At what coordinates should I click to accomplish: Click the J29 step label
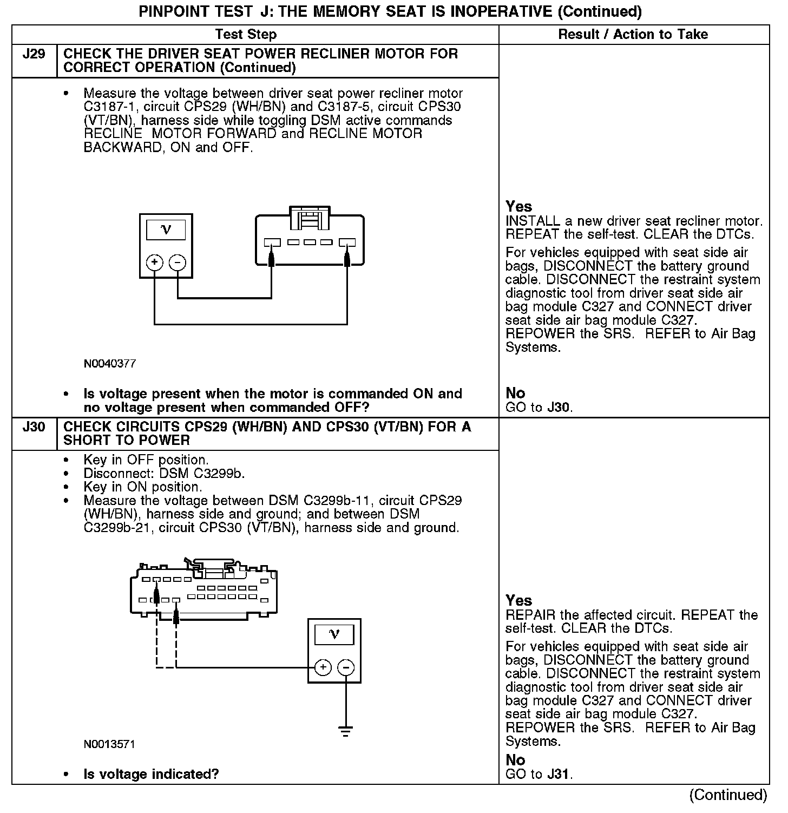34,54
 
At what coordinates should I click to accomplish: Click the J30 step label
34,427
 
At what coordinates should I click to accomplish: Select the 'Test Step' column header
246,35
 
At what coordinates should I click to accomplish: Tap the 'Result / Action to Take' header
633,35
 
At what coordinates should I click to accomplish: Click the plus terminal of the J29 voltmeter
155,263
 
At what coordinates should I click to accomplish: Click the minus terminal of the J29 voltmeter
178,263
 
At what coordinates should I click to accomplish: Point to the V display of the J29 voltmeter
166,230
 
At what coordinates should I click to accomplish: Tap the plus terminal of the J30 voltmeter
323,667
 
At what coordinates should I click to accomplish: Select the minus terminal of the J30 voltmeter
346,667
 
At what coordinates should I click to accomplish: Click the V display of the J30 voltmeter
334,634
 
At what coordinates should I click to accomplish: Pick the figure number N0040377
110,364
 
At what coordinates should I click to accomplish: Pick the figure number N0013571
109,744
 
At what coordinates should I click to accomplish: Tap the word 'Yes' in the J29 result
519,206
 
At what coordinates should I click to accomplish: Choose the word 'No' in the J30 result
515,760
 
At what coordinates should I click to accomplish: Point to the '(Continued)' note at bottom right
728,795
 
